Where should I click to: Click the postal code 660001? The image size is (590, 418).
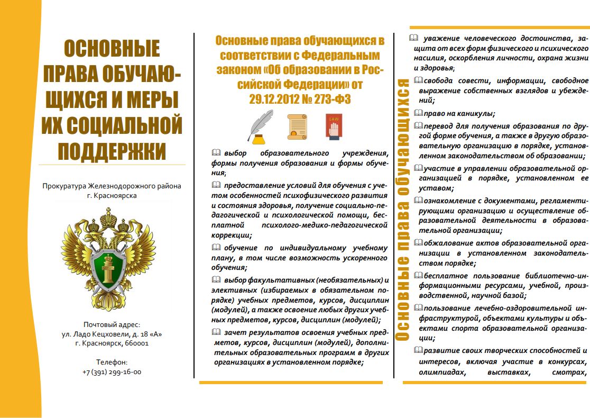click(x=136, y=343)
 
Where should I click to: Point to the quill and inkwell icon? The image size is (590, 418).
click(x=260, y=127)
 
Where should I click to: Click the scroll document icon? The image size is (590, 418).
click(x=297, y=128)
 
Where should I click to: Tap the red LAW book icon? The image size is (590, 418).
click(x=334, y=127)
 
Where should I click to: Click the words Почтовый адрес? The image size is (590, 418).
click(x=112, y=324)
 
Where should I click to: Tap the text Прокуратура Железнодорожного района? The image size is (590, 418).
click(x=112, y=186)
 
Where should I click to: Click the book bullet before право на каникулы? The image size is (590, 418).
click(x=418, y=113)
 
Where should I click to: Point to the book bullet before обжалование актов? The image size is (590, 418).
click(x=418, y=243)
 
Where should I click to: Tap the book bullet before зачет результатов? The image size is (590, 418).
click(x=216, y=332)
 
